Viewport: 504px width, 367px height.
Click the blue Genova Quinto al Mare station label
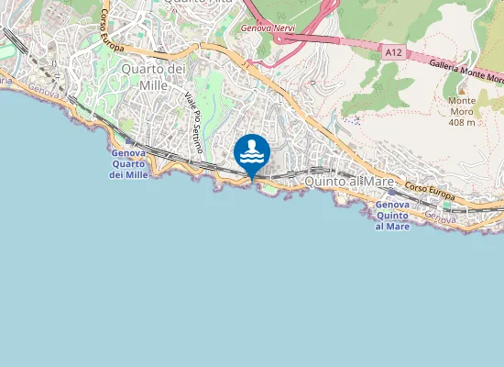point(392,216)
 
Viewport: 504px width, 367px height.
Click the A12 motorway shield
point(393,53)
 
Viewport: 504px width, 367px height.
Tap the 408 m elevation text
point(462,122)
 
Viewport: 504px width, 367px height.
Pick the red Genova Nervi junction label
point(265,28)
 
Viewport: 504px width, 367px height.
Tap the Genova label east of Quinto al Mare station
point(440,219)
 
